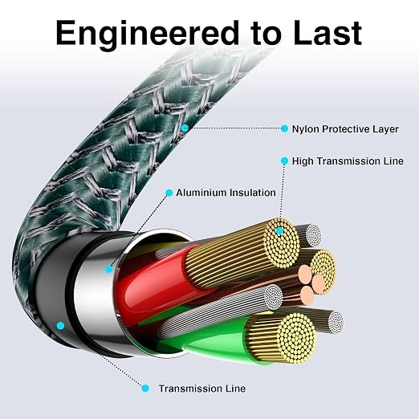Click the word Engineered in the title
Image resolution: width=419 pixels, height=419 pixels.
[x=147, y=34]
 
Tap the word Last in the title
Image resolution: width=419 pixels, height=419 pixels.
[x=327, y=33]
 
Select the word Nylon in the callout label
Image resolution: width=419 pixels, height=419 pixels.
[x=305, y=129]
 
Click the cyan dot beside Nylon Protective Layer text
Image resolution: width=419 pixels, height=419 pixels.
[x=284, y=128]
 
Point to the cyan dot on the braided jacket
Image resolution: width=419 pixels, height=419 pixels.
[x=185, y=128]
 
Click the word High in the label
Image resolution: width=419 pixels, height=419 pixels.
[x=303, y=161]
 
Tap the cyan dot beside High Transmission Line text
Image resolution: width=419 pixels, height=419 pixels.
[x=284, y=161]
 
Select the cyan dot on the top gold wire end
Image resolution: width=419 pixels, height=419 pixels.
[x=279, y=230]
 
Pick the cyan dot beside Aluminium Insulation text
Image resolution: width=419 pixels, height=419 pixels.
[x=169, y=193]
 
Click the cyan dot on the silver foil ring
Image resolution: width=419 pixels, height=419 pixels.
[x=108, y=269]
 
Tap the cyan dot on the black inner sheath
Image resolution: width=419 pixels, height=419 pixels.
[x=61, y=326]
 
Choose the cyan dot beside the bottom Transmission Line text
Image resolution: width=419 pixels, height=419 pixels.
[x=145, y=388]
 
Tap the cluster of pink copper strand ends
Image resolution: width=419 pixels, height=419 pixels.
[x=311, y=284]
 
